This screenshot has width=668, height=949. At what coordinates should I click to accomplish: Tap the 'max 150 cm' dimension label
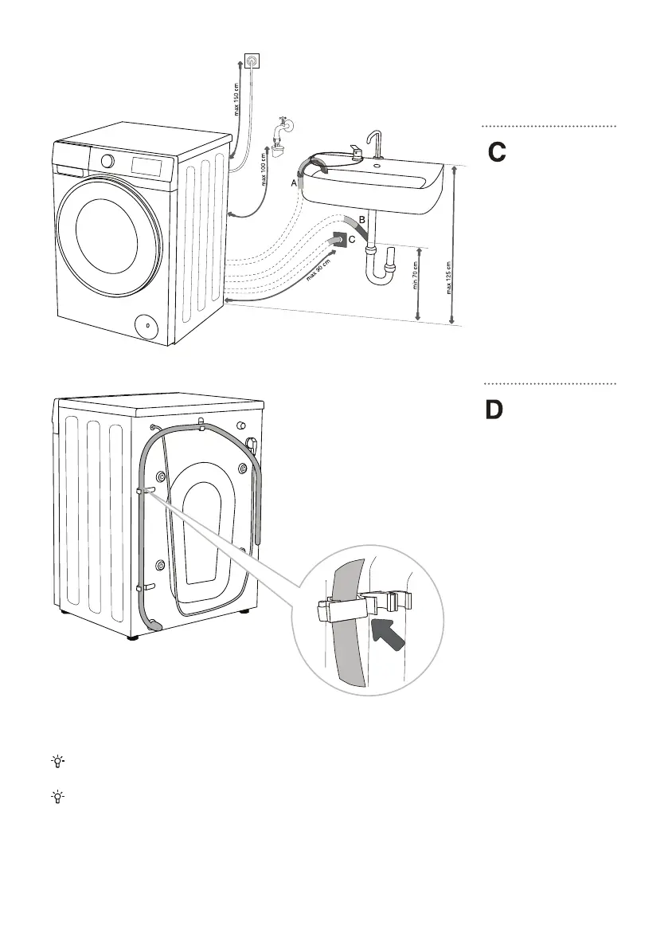click(x=236, y=98)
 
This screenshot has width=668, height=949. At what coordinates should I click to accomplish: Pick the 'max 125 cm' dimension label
click(x=449, y=278)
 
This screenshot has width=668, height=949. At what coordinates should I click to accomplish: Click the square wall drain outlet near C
click(x=338, y=240)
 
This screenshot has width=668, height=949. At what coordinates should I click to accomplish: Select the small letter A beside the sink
click(x=294, y=182)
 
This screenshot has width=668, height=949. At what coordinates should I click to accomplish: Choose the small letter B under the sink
click(x=361, y=219)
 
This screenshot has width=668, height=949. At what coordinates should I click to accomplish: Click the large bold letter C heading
click(x=497, y=152)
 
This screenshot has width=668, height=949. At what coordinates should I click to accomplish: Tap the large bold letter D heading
click(x=494, y=410)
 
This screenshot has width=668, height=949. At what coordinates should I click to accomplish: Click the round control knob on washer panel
click(x=107, y=161)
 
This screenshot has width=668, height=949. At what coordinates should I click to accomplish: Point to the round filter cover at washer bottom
click(x=145, y=324)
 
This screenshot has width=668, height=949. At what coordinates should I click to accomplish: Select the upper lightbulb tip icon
click(x=57, y=762)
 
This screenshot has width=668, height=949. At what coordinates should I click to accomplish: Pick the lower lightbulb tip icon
click(x=57, y=797)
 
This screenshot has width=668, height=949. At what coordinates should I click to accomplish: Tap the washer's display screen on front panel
click(x=146, y=165)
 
